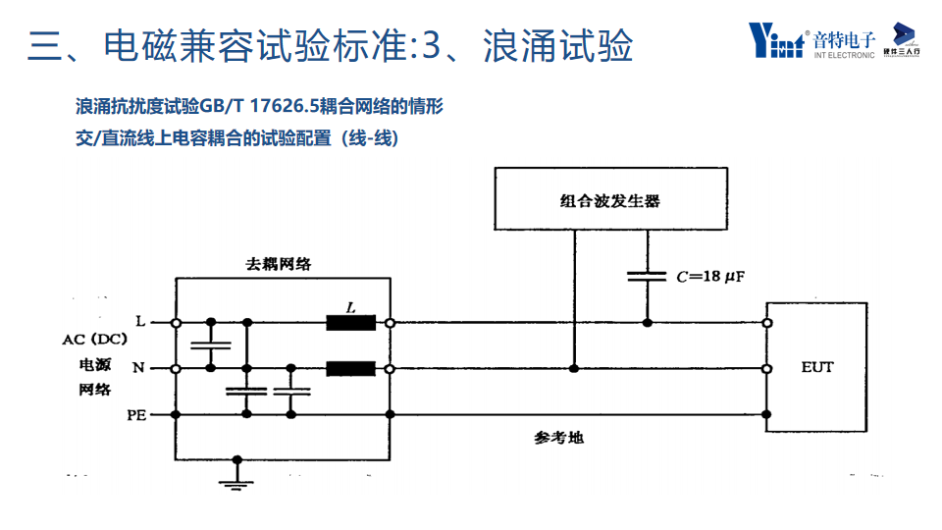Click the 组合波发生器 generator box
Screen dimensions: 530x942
[x=610, y=200]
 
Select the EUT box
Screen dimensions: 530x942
[x=816, y=367]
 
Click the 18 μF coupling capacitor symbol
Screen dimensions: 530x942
[x=647, y=277]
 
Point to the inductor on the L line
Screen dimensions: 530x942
[x=350, y=322]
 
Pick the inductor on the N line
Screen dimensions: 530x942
[x=350, y=369]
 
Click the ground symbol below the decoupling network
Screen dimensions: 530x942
[x=235, y=479]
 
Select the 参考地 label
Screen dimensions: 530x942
[x=558, y=438]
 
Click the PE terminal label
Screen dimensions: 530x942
[x=136, y=415]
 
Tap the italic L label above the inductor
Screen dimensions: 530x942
[x=351, y=306]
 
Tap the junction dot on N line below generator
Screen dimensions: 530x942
[x=574, y=369]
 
